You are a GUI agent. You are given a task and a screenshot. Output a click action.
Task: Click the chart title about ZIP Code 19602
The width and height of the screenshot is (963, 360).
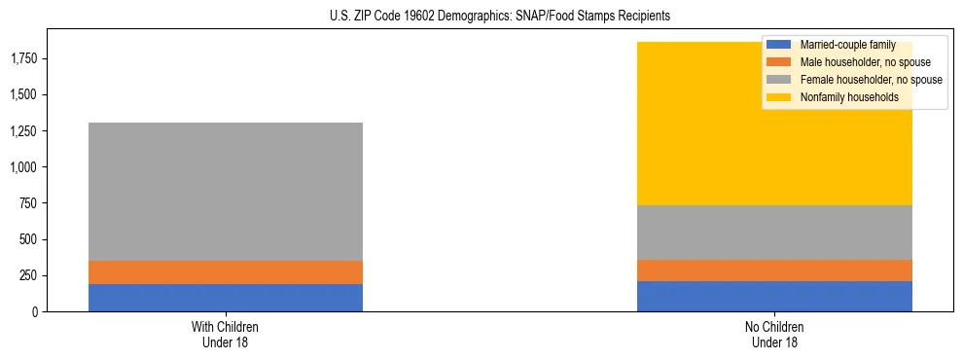(x=481, y=17)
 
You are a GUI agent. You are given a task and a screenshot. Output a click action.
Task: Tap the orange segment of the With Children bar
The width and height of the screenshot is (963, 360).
(x=226, y=272)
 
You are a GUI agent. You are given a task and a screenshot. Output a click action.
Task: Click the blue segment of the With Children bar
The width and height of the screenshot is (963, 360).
(x=226, y=298)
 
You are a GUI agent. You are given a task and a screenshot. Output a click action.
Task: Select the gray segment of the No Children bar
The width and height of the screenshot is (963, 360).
(x=774, y=233)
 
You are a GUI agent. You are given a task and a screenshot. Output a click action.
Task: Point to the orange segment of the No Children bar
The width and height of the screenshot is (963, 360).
(x=774, y=270)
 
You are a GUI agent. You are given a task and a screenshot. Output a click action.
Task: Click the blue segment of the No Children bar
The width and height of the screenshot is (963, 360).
(x=774, y=296)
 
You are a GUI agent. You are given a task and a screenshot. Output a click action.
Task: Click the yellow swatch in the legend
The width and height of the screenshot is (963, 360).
(x=779, y=97)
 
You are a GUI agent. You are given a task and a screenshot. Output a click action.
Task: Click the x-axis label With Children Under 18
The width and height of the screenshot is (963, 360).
(x=226, y=334)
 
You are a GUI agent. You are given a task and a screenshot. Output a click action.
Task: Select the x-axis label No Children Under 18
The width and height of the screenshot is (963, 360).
(x=774, y=334)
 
